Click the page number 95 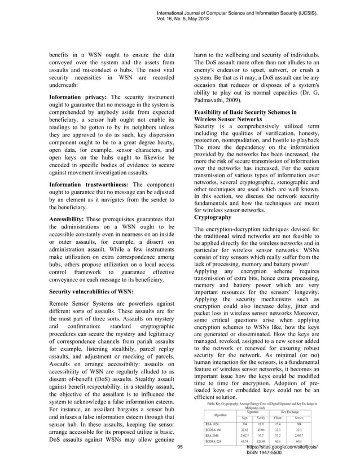click(180, 446)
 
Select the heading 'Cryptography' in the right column click(212, 217)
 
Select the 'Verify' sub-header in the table click(261, 417)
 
